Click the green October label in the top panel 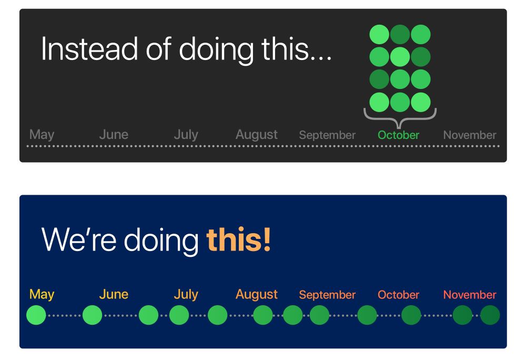(x=399, y=135)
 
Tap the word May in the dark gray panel (x=42, y=135)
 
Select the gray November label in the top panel (x=470, y=135)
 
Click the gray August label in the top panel (x=257, y=135)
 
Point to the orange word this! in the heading (x=238, y=239)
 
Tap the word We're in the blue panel (x=79, y=239)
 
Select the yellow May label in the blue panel (x=42, y=295)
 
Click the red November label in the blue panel (x=470, y=295)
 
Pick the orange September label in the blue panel (x=327, y=295)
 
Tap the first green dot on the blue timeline (x=36, y=315)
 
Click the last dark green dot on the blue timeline (x=490, y=315)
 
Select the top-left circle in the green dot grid (x=379, y=34)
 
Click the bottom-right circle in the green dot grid (x=421, y=102)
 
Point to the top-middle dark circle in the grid (x=400, y=34)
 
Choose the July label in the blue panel (x=186, y=295)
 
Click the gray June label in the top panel (x=114, y=135)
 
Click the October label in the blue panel (x=399, y=295)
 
